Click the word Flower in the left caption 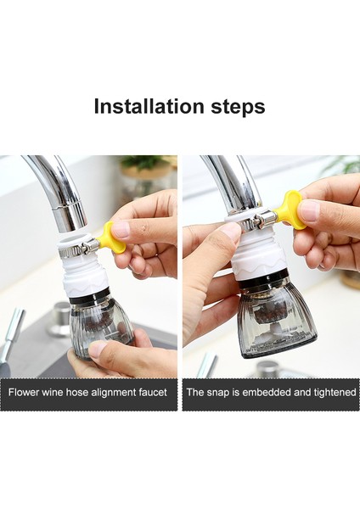coord(25,393)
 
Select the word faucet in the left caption coord(150,393)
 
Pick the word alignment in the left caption coord(108,393)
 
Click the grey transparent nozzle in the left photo coord(100,327)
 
